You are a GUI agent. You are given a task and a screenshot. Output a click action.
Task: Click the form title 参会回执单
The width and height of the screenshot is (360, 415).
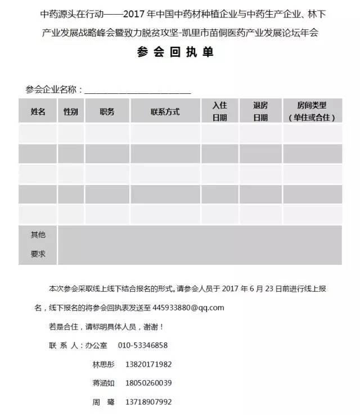point(175,52)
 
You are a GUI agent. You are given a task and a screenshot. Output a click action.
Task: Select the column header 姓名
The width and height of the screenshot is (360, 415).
point(38,111)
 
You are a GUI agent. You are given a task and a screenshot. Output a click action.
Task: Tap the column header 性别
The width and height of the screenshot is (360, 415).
point(71,111)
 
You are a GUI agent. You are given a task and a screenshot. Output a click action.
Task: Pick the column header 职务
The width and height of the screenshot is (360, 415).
point(107,111)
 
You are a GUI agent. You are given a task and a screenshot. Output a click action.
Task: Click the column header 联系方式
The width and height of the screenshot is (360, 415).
point(165,111)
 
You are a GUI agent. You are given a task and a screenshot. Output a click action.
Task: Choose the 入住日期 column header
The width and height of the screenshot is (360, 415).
point(219,111)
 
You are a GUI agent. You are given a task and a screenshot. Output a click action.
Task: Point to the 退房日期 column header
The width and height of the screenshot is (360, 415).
point(260,111)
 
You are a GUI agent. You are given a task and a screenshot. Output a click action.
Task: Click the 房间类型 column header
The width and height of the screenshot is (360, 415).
point(312,111)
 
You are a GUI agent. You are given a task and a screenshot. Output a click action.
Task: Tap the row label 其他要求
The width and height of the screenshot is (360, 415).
point(38,245)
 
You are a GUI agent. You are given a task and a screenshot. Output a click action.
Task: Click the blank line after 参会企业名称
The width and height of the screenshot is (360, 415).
point(137,90)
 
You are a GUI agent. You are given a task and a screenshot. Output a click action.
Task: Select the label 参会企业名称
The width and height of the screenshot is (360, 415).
point(53,89)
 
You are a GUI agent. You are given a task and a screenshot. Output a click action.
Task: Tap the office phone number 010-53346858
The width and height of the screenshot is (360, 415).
point(143,345)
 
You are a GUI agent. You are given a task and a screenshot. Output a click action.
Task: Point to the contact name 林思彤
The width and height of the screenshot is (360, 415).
point(103,364)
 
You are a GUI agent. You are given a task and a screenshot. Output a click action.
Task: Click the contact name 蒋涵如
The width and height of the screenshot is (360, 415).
point(103,384)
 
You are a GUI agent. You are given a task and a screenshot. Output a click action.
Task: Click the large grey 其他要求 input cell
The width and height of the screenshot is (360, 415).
point(199,245)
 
